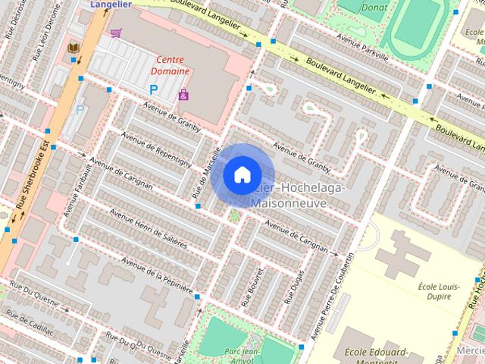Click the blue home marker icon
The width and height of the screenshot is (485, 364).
pyautogui.click(x=241, y=174)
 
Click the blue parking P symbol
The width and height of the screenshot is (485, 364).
pyautogui.click(x=154, y=89)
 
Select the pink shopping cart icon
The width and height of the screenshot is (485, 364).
pyautogui.click(x=115, y=33)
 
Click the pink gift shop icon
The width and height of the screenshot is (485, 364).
pyautogui.click(x=183, y=95)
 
